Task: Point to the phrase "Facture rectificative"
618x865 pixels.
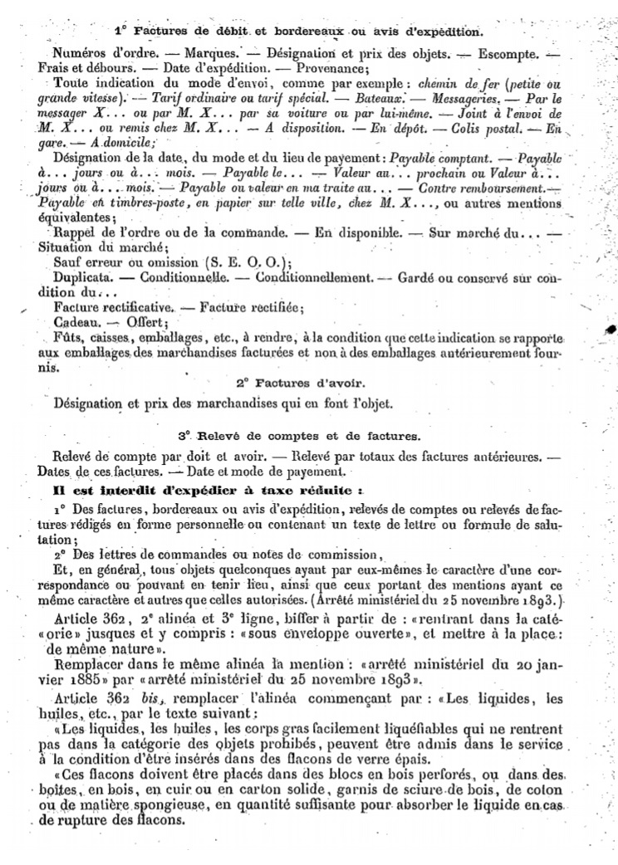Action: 110,307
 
